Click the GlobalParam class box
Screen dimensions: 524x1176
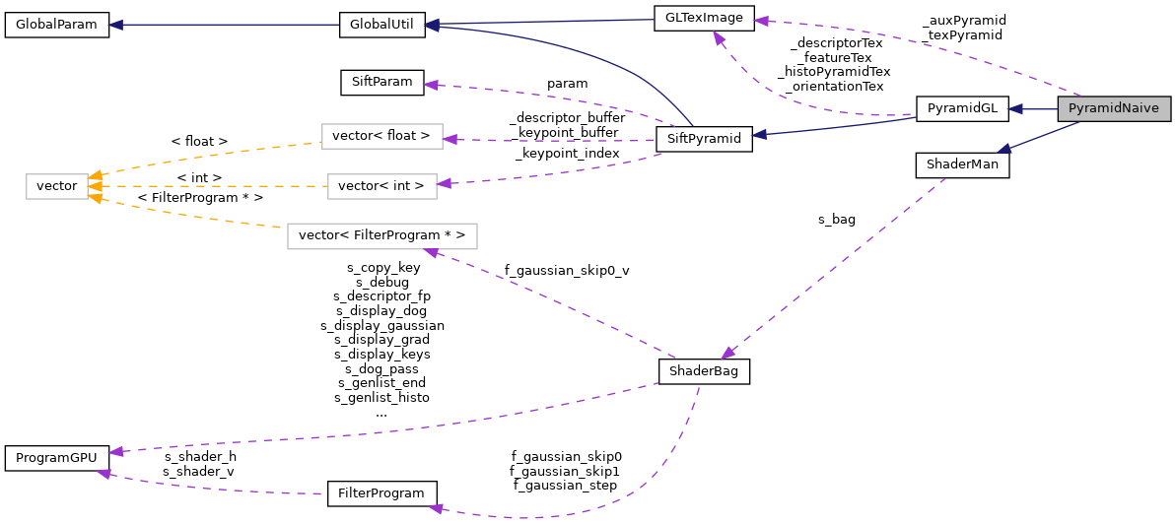56,25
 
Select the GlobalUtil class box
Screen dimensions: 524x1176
381,25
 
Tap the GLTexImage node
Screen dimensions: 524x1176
704,18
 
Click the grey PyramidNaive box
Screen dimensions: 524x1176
1114,109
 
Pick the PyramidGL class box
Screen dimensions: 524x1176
962,109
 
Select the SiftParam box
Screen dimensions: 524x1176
381,82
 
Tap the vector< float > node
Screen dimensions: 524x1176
381,137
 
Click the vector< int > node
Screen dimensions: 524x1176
381,185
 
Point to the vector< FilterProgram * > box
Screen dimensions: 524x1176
381,236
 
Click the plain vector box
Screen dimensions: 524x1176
57,185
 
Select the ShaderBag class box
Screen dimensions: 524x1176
704,371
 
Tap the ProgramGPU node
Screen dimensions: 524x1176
56,458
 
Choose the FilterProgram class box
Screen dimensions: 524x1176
381,492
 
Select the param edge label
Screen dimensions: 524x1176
568,84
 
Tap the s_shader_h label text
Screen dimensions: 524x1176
200,457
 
